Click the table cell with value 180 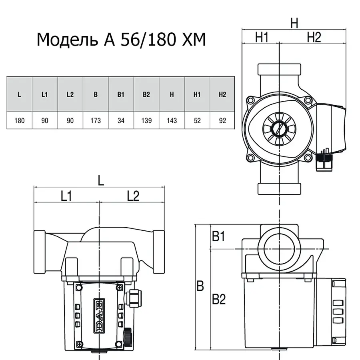coord(19,120)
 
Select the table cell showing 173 coord(96,120)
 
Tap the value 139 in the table coord(146,120)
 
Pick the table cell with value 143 coord(172,120)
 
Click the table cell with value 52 coord(197,120)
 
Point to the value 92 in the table coord(222,120)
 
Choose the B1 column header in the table coord(121,95)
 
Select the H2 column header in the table coord(222,95)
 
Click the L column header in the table coord(19,95)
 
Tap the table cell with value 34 coord(121,120)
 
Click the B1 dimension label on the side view coord(218,237)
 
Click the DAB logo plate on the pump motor coord(98,315)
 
